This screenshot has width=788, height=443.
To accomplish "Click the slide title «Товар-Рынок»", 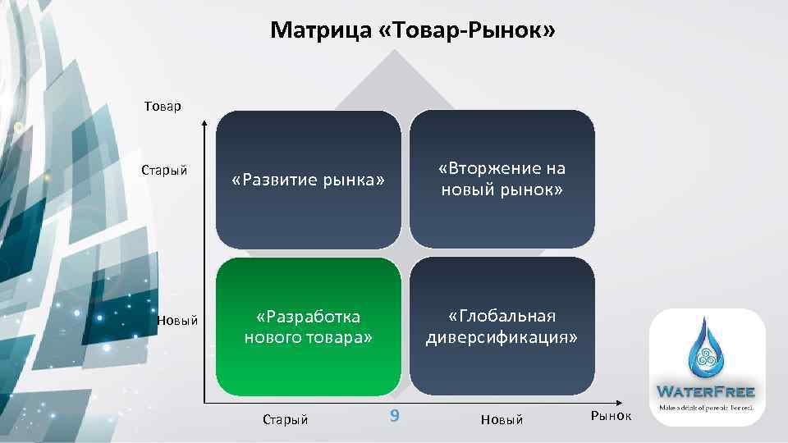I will tap(413, 31).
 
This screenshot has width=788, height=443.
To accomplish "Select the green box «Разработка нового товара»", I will tap(308, 327).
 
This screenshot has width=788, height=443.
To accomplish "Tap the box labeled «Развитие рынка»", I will tap(308, 180).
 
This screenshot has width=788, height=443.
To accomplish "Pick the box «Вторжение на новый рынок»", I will tap(502, 180).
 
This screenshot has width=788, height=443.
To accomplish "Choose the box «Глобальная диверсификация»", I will tap(502, 327).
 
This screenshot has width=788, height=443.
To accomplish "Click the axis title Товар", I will tap(163, 106).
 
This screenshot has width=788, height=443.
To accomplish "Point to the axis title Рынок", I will tap(612, 416).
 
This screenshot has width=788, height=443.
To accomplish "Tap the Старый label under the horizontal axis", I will tap(285, 420).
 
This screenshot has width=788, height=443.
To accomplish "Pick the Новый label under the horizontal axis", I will tap(502, 420).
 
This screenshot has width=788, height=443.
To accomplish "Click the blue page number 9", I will tap(394, 416).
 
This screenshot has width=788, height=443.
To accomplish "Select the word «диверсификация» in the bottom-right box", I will tap(502, 337).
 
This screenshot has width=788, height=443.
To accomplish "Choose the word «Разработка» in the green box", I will tap(308, 317).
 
